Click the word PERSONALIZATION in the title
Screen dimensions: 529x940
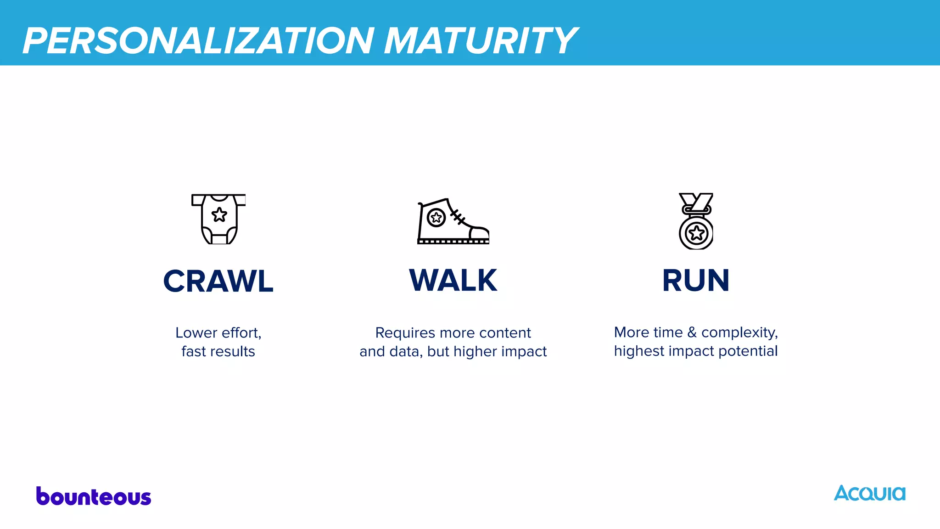[x=198, y=41]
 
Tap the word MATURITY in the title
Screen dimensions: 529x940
[x=480, y=41]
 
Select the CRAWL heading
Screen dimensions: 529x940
[x=218, y=281]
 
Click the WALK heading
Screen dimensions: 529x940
[x=453, y=281]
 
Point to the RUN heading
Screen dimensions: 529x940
[x=696, y=281]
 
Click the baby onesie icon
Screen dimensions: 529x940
[x=219, y=219]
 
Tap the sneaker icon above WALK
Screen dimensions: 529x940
[x=453, y=221]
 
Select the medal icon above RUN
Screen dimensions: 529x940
[x=696, y=221]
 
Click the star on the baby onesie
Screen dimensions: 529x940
[x=219, y=214]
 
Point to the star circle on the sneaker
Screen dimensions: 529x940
[x=436, y=217]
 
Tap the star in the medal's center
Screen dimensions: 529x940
[x=696, y=233]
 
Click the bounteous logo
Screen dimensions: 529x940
[x=94, y=496]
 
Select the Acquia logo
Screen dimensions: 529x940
[x=869, y=493]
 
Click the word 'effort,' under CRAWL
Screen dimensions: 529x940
[x=242, y=332]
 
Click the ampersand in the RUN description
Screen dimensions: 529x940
[x=692, y=332]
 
